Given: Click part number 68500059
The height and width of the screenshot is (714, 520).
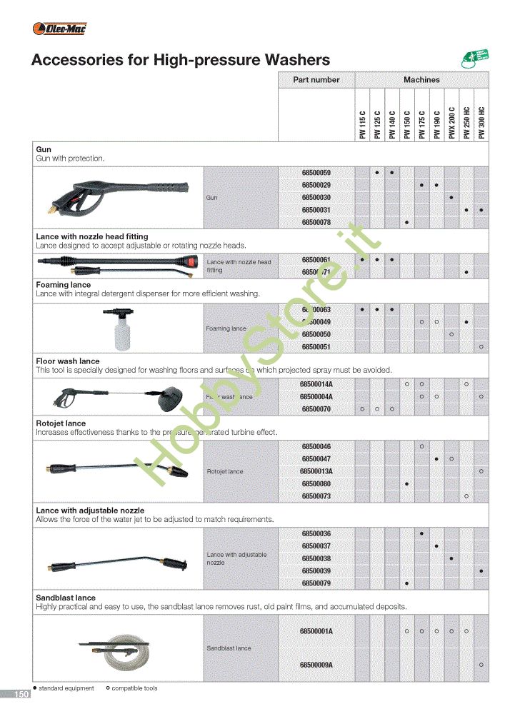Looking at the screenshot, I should coord(316,173).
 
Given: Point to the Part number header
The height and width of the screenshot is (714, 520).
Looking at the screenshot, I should coord(316,80).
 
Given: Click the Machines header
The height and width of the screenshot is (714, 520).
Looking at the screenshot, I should coord(421,80).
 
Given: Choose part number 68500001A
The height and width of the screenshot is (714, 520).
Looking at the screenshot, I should coord(316,631).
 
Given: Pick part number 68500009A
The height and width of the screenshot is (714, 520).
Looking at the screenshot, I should coord(316,665).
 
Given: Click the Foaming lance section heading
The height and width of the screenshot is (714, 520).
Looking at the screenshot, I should coord(63,284).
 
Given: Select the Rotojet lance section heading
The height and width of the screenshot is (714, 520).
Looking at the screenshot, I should coord(61,423).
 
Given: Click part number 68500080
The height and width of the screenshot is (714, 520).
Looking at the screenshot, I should coord(316,483).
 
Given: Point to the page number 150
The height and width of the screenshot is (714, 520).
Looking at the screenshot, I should coord(21,694).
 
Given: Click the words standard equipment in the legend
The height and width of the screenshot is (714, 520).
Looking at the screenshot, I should coord(66,688).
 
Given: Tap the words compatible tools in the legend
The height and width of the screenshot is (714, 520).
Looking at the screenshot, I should coord(134,688).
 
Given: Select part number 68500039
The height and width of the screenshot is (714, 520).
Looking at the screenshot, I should coord(316,570).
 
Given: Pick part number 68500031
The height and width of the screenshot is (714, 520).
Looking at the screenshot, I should coord(316,209).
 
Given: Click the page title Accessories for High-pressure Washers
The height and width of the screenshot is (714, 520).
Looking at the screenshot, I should coord(181,60).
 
